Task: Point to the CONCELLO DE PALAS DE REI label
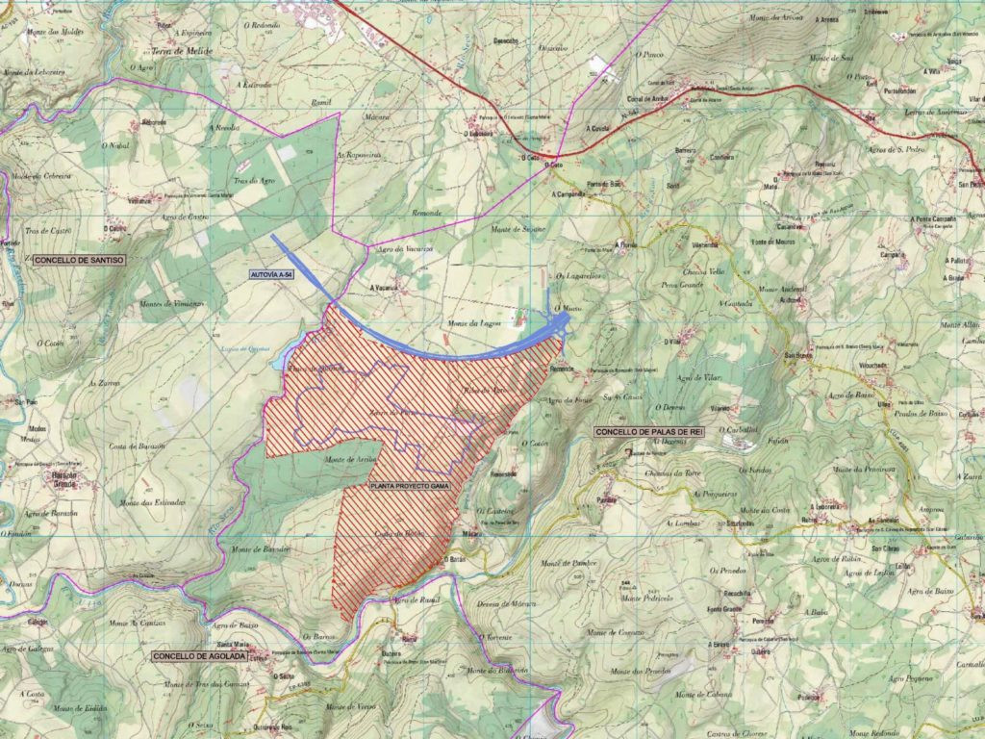tap(649, 432)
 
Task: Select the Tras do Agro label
tap(254, 182)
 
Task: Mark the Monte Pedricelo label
tap(644, 598)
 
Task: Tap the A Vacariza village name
tap(384, 287)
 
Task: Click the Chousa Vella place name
tap(704, 271)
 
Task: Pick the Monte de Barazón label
tap(261, 549)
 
